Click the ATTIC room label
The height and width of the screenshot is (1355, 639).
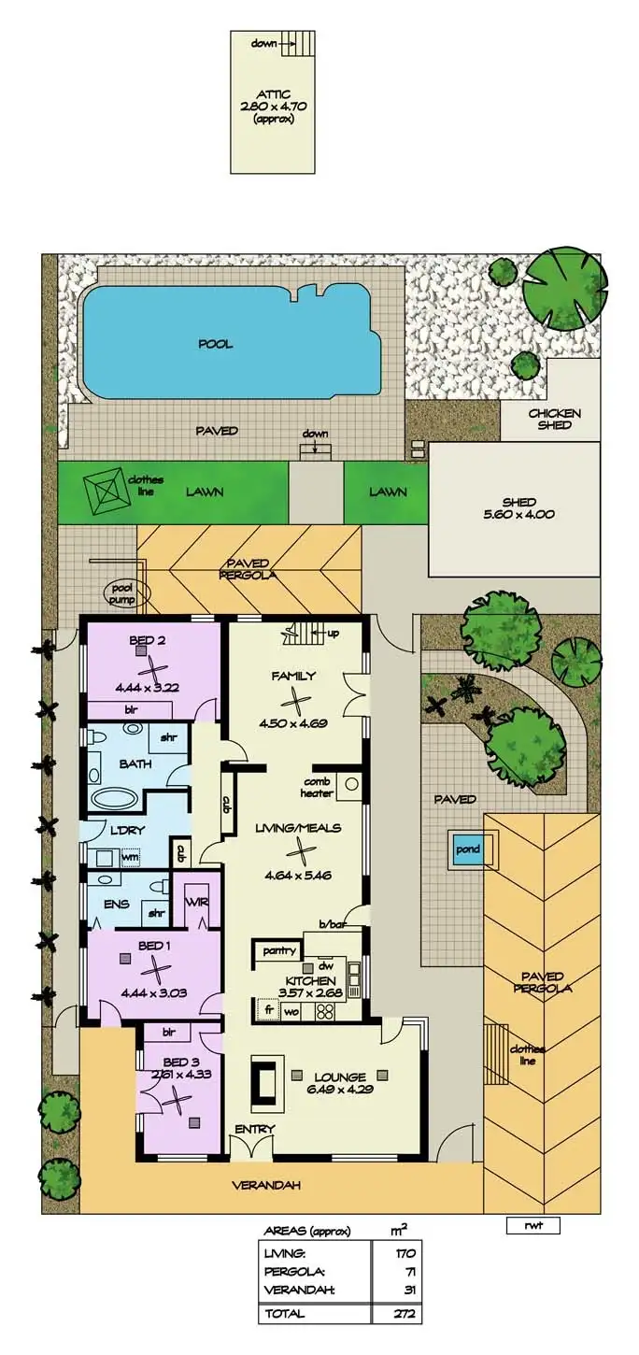[x=275, y=93]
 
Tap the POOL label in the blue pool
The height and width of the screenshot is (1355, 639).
[x=215, y=344]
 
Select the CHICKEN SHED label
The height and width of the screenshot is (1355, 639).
[x=555, y=420]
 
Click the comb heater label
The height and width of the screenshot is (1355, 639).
[x=318, y=788]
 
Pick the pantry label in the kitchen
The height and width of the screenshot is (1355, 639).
[x=278, y=951]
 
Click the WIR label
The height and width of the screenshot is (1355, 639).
[x=197, y=903]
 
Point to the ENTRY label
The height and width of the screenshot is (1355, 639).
[x=255, y=1129]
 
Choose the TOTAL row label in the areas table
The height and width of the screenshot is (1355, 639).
[x=284, y=1312]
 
